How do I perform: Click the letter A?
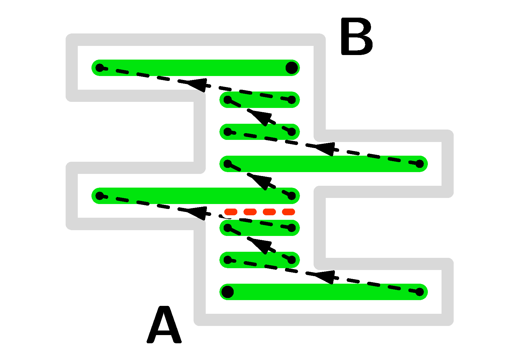(164, 325)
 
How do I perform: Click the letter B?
(356, 36)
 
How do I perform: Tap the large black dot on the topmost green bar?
(292, 67)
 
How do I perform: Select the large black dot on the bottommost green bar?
(228, 292)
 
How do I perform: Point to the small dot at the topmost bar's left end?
(100, 67)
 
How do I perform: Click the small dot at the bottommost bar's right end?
(420, 292)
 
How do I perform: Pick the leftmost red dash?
(231, 212)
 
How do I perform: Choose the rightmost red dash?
(288, 212)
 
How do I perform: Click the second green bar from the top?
(259, 100)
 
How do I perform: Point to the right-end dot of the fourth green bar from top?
(420, 164)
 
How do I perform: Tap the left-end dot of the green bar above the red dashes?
(100, 196)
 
